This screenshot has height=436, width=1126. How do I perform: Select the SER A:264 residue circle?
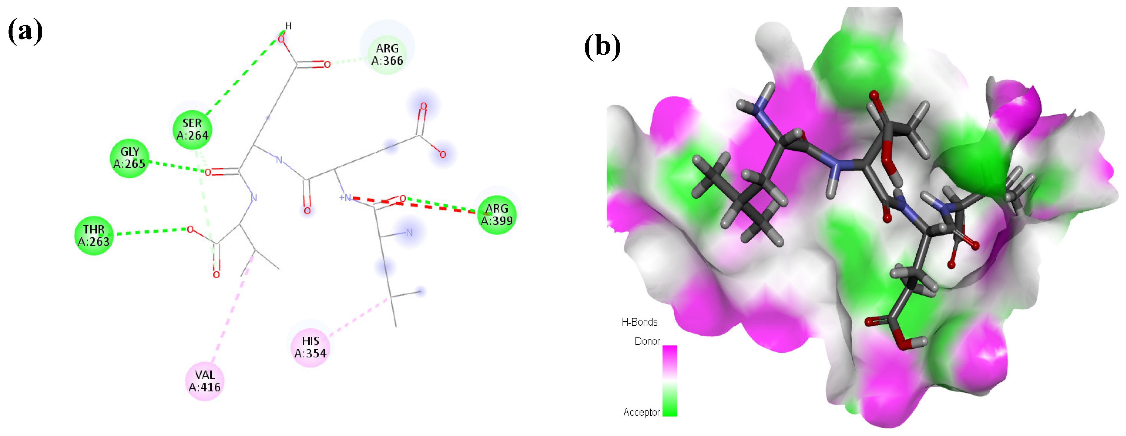192,130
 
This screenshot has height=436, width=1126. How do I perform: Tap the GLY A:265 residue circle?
129,158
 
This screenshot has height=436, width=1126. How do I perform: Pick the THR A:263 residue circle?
94,235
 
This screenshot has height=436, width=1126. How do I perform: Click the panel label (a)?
25,31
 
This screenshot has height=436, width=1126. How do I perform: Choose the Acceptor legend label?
641,412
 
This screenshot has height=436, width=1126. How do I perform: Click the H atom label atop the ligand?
288,26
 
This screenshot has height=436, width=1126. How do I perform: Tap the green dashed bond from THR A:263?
151,231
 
